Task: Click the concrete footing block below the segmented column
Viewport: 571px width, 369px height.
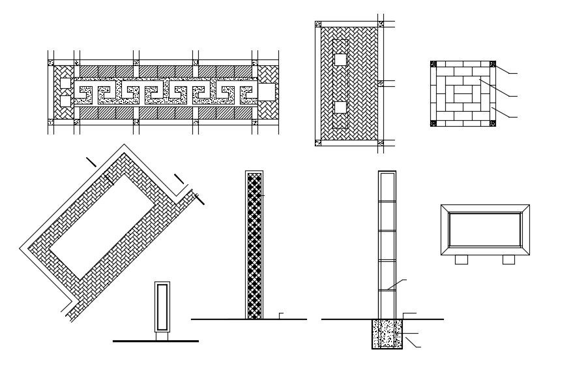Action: (387, 334)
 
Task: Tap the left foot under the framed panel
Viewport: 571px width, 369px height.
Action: (461, 259)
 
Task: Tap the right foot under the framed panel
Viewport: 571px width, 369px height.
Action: (508, 259)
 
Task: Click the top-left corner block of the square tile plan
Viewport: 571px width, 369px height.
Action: (433, 64)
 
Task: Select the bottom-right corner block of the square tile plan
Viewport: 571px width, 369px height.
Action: (493, 123)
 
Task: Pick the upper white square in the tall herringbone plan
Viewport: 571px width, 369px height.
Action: (340, 59)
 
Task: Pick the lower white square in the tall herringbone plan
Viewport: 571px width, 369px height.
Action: (340, 107)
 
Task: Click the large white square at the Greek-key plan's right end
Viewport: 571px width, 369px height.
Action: (267, 91)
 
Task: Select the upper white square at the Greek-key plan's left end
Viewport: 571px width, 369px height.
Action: (65, 83)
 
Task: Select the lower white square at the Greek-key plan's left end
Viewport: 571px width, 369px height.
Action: (65, 101)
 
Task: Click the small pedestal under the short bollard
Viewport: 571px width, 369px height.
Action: (162, 336)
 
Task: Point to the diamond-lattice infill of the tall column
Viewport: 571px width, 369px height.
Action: (254, 246)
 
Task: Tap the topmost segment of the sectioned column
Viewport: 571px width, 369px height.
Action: (387, 187)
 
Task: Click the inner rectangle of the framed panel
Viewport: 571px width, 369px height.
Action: (485, 229)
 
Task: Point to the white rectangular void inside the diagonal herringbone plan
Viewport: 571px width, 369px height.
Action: (103, 225)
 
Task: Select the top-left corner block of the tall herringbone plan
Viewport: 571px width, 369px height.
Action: (318, 25)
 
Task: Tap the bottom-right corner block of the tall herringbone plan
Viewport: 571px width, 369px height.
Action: (381, 142)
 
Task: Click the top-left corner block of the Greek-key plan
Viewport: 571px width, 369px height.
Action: (51, 63)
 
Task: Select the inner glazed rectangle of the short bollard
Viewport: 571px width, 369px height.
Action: (162, 307)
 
